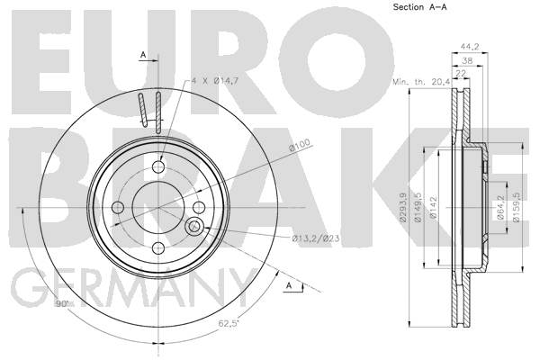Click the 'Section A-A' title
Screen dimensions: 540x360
tap(419, 7)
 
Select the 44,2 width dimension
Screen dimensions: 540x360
tap(470, 47)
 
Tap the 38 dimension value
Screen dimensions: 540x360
tap(467, 61)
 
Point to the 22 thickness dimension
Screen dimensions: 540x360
tap(461, 74)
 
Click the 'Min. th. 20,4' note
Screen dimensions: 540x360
tap(421, 82)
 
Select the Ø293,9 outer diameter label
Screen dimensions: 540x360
tap(403, 207)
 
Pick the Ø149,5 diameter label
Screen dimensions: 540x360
tap(418, 207)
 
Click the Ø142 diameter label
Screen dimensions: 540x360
tap(433, 207)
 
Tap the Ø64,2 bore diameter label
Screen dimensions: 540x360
tap(500, 207)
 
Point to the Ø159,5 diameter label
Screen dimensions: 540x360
tap(516, 207)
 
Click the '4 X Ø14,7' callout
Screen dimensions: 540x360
tap(215, 81)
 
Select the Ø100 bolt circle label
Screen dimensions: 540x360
tap(300, 145)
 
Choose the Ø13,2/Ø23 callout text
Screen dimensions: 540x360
tap(316, 238)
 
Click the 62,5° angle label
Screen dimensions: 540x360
tap(229, 323)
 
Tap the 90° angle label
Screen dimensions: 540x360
tap(62, 304)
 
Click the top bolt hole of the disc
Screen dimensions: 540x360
tap(158, 167)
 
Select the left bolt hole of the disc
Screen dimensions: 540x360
tap(118, 207)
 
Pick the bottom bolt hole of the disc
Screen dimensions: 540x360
tap(158, 247)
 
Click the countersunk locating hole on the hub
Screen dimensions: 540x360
tap(193, 226)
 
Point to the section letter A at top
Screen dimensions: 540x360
tap(143, 54)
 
